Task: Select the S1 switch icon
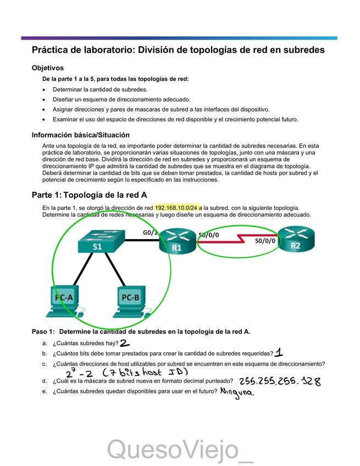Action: pos(97,242)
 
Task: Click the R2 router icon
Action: pos(296,240)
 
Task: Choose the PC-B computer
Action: pos(131,302)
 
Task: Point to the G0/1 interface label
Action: pos(150,232)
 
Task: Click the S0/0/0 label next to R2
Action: pos(265,241)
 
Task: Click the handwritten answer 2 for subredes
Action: pos(125,343)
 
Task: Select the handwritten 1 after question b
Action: pos(279,353)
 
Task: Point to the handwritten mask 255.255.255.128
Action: pos(280,381)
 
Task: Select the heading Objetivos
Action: pos(48,68)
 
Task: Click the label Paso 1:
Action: pos(43,331)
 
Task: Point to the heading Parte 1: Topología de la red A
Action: pos(89,195)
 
